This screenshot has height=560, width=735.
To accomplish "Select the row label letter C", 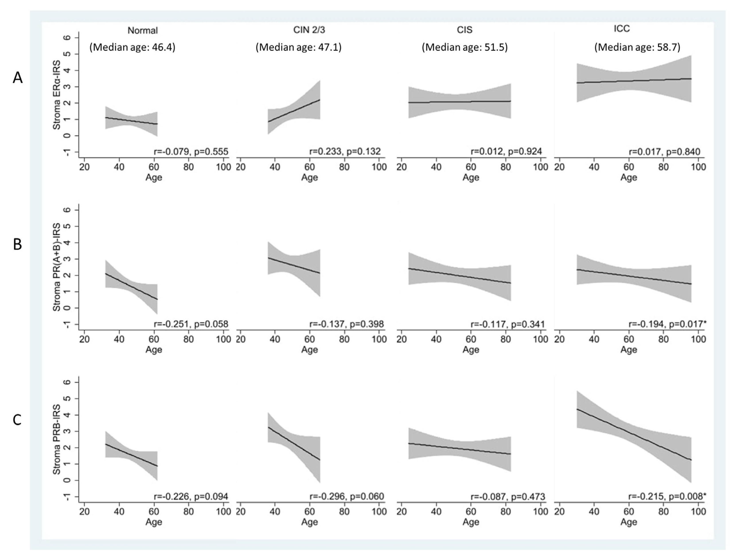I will click(17, 420).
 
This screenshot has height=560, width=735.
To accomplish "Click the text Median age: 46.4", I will click(132, 47).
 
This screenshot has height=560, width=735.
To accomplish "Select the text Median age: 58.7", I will click(637, 47).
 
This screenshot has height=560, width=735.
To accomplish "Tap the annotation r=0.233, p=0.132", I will click(345, 152).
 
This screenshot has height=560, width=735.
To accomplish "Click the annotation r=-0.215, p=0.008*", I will click(667, 496).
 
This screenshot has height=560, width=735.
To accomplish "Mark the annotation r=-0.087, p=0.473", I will click(508, 497).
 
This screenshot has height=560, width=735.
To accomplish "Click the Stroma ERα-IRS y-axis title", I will click(57, 95).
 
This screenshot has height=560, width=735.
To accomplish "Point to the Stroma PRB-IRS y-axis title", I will click(57, 439).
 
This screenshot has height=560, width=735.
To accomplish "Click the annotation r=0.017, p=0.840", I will click(664, 152).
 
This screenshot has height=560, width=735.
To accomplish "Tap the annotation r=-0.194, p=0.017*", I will click(667, 324).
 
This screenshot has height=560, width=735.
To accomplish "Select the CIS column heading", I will click(464, 30).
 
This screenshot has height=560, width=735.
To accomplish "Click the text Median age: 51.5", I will click(464, 47).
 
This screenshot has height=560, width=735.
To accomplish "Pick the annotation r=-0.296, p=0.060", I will click(347, 497).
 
